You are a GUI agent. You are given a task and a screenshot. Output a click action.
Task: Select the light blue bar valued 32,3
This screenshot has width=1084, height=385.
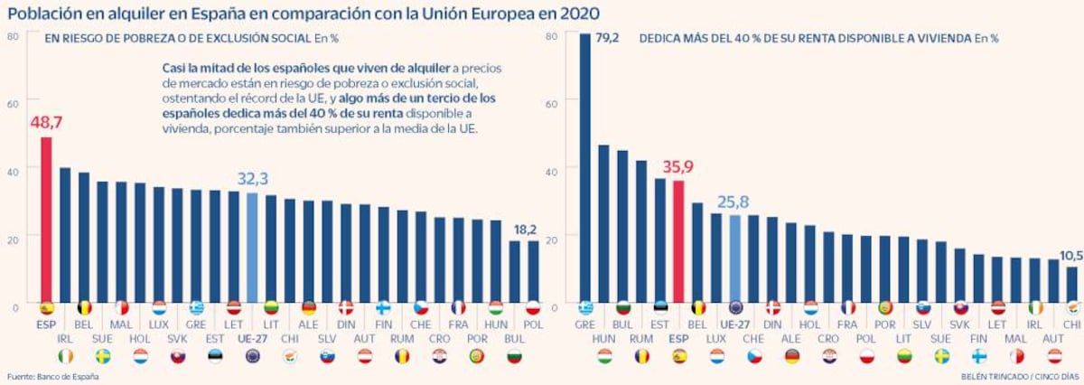(x=252, y=248)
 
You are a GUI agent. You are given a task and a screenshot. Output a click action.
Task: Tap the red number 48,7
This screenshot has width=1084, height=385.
(x=46, y=121)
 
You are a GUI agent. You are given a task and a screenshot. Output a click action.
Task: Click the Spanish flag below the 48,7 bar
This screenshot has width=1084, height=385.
(x=46, y=307)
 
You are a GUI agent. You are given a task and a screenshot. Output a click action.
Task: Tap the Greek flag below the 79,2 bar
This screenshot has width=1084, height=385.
(x=584, y=307)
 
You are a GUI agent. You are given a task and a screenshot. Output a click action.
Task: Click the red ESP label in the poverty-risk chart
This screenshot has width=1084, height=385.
(x=46, y=323)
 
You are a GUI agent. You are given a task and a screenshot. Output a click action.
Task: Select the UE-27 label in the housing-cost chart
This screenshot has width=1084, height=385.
(x=734, y=323)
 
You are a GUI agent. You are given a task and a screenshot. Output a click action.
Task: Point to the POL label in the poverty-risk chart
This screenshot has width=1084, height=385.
(x=532, y=323)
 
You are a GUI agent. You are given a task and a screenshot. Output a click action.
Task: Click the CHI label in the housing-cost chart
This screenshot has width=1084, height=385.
(x=1071, y=323)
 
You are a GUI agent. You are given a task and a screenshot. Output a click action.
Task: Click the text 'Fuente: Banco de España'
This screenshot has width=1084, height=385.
(x=51, y=375)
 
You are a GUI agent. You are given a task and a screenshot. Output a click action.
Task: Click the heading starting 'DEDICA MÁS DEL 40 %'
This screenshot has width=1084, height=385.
(x=804, y=38)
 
